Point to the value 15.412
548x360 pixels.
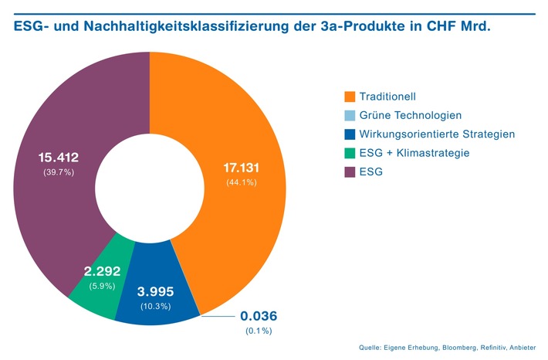click(x=59, y=158)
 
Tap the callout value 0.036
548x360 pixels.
click(x=259, y=316)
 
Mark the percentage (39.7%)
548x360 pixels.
click(x=59, y=172)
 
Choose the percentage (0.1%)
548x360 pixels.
click(x=259, y=331)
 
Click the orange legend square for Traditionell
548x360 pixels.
click(x=350, y=97)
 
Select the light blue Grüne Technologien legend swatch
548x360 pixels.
click(x=350, y=116)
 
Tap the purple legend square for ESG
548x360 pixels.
click(x=350, y=172)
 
